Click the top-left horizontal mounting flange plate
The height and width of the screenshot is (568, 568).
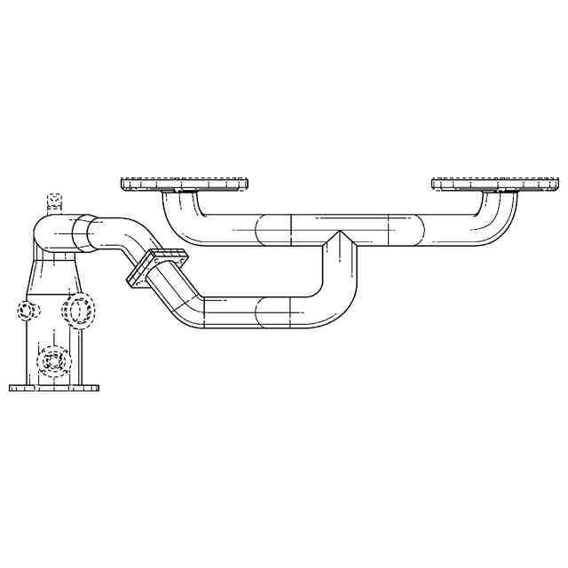(x=184, y=185)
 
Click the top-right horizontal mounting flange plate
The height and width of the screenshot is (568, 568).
(x=494, y=185)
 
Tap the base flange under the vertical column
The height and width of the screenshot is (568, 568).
(x=54, y=388)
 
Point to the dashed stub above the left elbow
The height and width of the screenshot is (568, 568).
(x=53, y=201)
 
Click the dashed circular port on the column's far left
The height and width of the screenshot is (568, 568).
(x=28, y=311)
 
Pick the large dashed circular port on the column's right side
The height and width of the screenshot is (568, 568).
(x=80, y=310)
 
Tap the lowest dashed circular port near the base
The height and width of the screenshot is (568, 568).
(x=53, y=360)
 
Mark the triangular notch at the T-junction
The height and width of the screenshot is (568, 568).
(x=338, y=237)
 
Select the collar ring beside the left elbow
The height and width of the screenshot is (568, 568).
(x=82, y=233)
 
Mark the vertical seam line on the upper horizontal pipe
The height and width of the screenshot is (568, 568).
(x=291, y=230)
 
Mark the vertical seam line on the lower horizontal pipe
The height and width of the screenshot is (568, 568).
(x=291, y=312)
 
